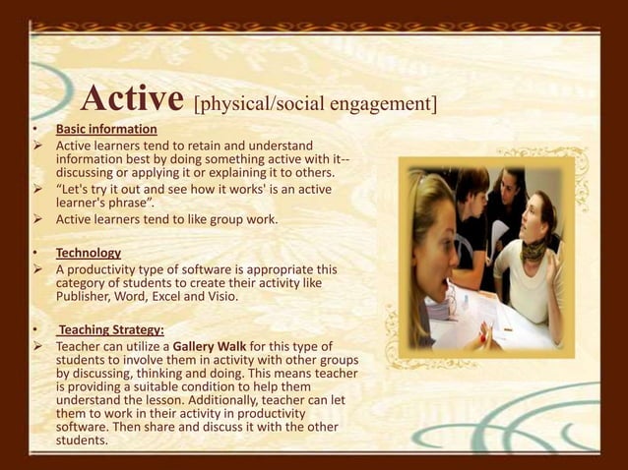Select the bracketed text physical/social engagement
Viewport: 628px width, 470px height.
[315, 102]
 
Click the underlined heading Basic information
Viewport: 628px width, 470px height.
[106, 130]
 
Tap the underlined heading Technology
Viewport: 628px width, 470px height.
[89, 253]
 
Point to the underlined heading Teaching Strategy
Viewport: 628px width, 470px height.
[110, 329]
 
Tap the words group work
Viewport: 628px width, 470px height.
[245, 218]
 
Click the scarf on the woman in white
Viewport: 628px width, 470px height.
[534, 250]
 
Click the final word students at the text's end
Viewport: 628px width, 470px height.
[83, 440]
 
